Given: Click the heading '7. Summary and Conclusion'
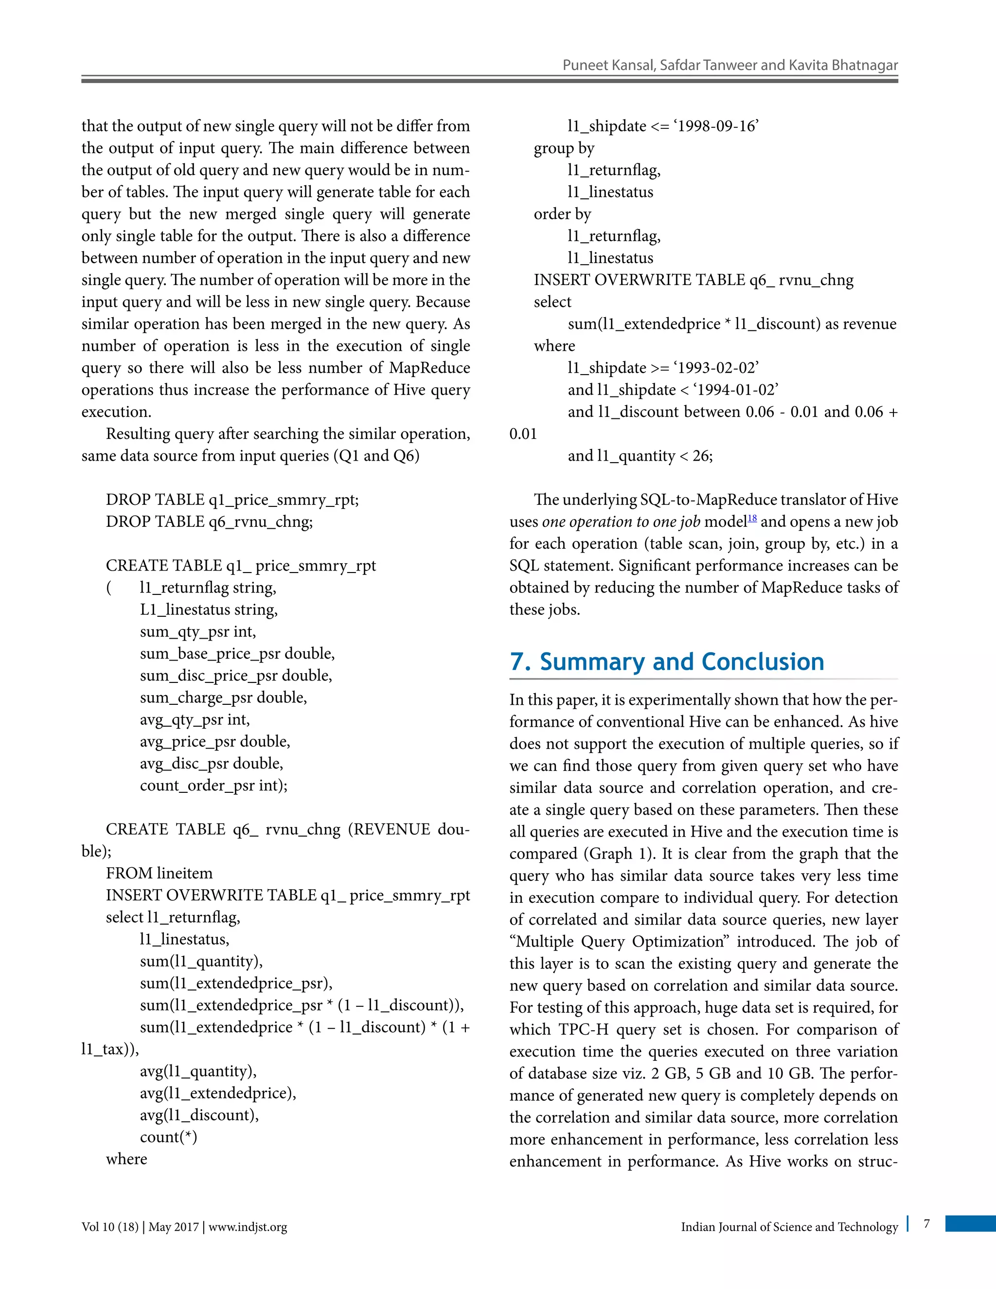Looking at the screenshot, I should coord(667,662).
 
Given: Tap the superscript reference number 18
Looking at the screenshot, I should coord(752,518).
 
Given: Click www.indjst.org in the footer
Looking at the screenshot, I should coord(248,1227).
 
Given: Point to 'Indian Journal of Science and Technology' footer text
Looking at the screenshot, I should coord(789,1227).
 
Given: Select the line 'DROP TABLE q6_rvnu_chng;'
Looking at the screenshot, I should coord(210,522).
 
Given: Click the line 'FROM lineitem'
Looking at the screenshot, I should coord(160,873).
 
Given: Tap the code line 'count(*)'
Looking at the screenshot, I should coord(168,1137).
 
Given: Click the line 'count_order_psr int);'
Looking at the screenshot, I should coord(213,786).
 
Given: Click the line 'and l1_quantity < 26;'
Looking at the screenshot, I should coord(640,456).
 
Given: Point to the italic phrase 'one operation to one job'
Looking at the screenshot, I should coord(621,522).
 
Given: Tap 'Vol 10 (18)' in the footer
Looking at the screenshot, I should coord(110,1227).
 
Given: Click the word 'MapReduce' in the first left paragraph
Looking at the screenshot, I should coord(429,368).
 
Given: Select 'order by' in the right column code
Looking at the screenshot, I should coord(562,214).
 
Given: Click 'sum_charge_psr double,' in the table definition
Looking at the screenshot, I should coord(223,698).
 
